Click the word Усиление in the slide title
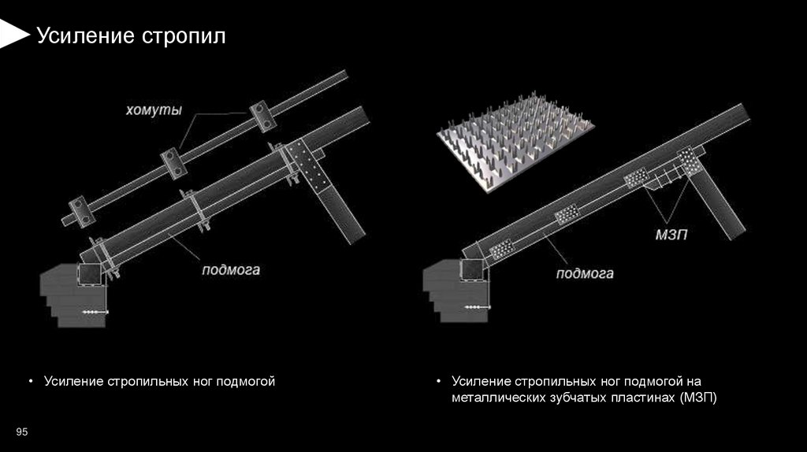coord(85,36)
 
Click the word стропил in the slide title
coord(184,37)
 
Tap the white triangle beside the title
coord(14,34)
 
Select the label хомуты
coord(154,110)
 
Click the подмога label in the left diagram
coord(231,270)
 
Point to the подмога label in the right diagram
coord(585,273)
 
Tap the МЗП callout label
coord(671,235)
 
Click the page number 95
coord(21,432)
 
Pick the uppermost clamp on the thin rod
coord(262,117)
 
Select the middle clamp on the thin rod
coord(173,163)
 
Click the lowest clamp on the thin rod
coord(82,211)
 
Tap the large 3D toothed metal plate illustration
coord(515,143)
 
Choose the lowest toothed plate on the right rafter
coord(501,250)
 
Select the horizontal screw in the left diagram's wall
coord(95,312)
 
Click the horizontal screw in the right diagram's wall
coord(478,307)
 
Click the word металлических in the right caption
coord(498,398)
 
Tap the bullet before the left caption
coord(31,381)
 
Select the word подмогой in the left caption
coord(246,382)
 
